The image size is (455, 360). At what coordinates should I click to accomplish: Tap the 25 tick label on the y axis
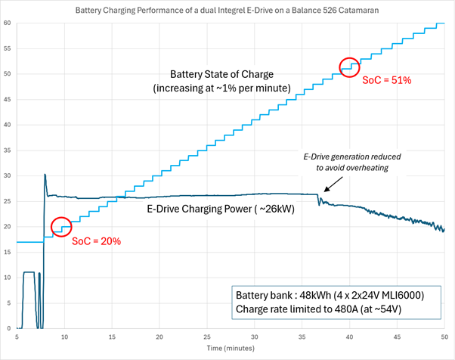(x=8, y=201)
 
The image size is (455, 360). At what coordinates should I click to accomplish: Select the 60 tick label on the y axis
(x=8, y=23)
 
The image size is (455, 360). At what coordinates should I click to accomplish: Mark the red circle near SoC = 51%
(x=349, y=67)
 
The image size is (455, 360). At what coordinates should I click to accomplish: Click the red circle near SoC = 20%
(x=61, y=226)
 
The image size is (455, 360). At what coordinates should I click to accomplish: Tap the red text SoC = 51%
(x=386, y=80)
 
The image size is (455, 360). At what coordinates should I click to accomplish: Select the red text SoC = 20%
(x=96, y=241)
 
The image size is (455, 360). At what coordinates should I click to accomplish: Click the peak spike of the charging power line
(x=45, y=175)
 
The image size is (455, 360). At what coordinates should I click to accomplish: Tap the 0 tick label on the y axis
(x=9, y=328)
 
